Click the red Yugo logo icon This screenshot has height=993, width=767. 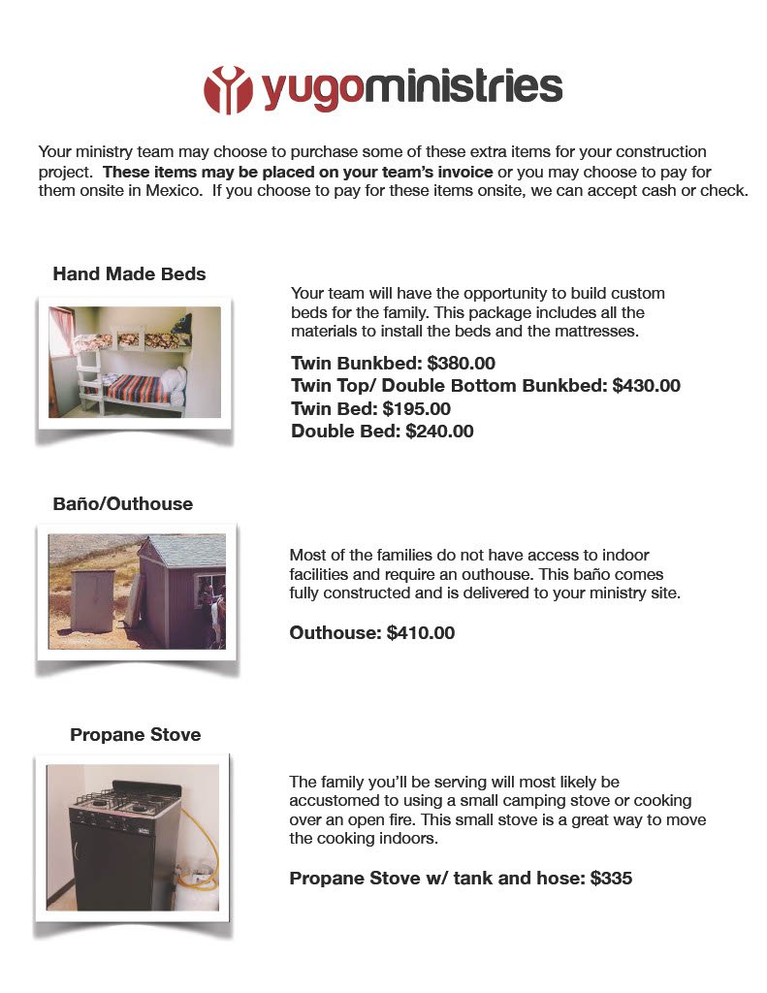227,89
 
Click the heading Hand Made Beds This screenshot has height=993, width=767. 129,274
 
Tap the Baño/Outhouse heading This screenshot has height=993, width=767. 122,504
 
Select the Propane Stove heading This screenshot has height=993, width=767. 135,735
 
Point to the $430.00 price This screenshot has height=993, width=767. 647,386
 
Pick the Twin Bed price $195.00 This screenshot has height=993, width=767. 416,409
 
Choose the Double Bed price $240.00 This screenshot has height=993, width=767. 439,432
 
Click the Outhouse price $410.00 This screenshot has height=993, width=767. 420,633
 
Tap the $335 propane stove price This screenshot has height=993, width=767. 611,879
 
